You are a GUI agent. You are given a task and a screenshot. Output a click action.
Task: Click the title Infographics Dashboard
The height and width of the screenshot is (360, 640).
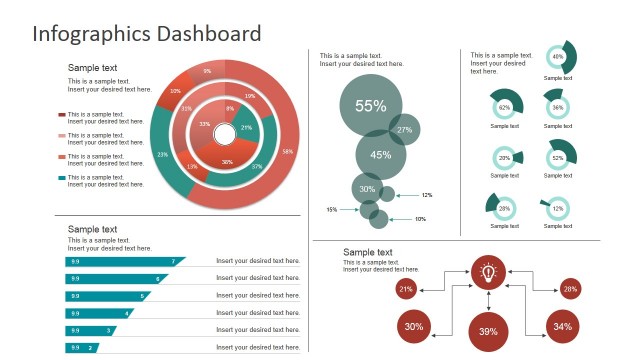pos(147,33)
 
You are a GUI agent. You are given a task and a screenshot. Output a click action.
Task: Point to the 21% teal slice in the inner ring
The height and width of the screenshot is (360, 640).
pos(245,128)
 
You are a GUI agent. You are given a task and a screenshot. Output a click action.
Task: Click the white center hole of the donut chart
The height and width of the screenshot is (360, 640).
pos(225,134)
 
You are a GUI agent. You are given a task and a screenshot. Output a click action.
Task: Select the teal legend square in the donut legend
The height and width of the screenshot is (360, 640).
pos(62,178)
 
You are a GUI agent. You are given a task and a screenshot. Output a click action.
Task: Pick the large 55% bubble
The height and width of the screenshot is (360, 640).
pos(371,106)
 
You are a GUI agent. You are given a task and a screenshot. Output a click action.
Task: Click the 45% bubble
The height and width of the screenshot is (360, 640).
pos(380,155)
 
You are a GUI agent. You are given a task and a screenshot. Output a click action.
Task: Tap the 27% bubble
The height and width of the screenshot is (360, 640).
pos(405,130)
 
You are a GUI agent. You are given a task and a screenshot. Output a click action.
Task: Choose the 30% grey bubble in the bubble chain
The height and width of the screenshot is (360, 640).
pos(367,189)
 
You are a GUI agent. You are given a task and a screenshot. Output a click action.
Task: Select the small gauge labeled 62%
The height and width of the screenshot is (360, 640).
pos(505,106)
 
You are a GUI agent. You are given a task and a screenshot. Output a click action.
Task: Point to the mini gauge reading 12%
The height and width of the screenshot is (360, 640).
pos(558,208)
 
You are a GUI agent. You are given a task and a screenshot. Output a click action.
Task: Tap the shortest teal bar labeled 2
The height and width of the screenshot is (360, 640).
pos(82,347)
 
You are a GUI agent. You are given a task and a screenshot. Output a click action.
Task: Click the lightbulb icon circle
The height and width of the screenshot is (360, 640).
pos(488,271)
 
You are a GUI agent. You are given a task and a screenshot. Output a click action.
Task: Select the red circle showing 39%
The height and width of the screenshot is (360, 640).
pos(488,331)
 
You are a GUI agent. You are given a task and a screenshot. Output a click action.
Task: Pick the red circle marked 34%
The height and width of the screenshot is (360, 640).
pos(562,326)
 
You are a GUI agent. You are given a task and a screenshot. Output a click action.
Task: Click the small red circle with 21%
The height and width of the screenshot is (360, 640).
pos(406,289)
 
